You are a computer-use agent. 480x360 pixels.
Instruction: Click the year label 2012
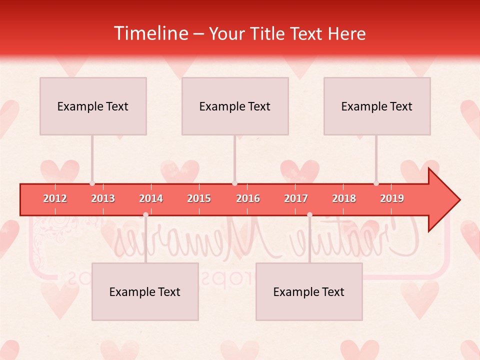pos(55,198)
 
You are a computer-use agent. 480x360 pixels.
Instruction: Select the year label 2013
pos(103,198)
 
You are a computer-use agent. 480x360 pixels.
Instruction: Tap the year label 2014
pos(151,198)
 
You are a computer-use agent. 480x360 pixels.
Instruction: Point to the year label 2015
pos(199,198)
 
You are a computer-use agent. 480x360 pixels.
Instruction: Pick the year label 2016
pos(248,198)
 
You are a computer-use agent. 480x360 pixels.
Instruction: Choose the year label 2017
pos(296,198)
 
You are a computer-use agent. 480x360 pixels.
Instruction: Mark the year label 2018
pos(344,198)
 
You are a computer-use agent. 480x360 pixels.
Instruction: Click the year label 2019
pos(392,198)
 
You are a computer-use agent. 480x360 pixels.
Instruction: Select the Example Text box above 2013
pos(93,106)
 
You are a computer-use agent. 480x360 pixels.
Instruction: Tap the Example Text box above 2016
pos(235,106)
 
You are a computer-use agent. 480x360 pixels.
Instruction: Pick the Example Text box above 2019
pos(377,106)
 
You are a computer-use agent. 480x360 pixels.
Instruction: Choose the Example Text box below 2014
pos(145,291)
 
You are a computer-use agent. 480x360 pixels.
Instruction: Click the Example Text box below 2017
pos(309,291)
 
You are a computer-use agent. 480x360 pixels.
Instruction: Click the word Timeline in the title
pos(150,33)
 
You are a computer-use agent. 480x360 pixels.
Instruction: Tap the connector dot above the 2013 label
pos(92,183)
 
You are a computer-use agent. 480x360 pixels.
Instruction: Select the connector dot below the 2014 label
pos(145,214)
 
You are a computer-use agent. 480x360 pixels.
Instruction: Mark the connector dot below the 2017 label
pos(309,214)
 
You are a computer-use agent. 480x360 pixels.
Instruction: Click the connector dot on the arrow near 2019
pos(376,183)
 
